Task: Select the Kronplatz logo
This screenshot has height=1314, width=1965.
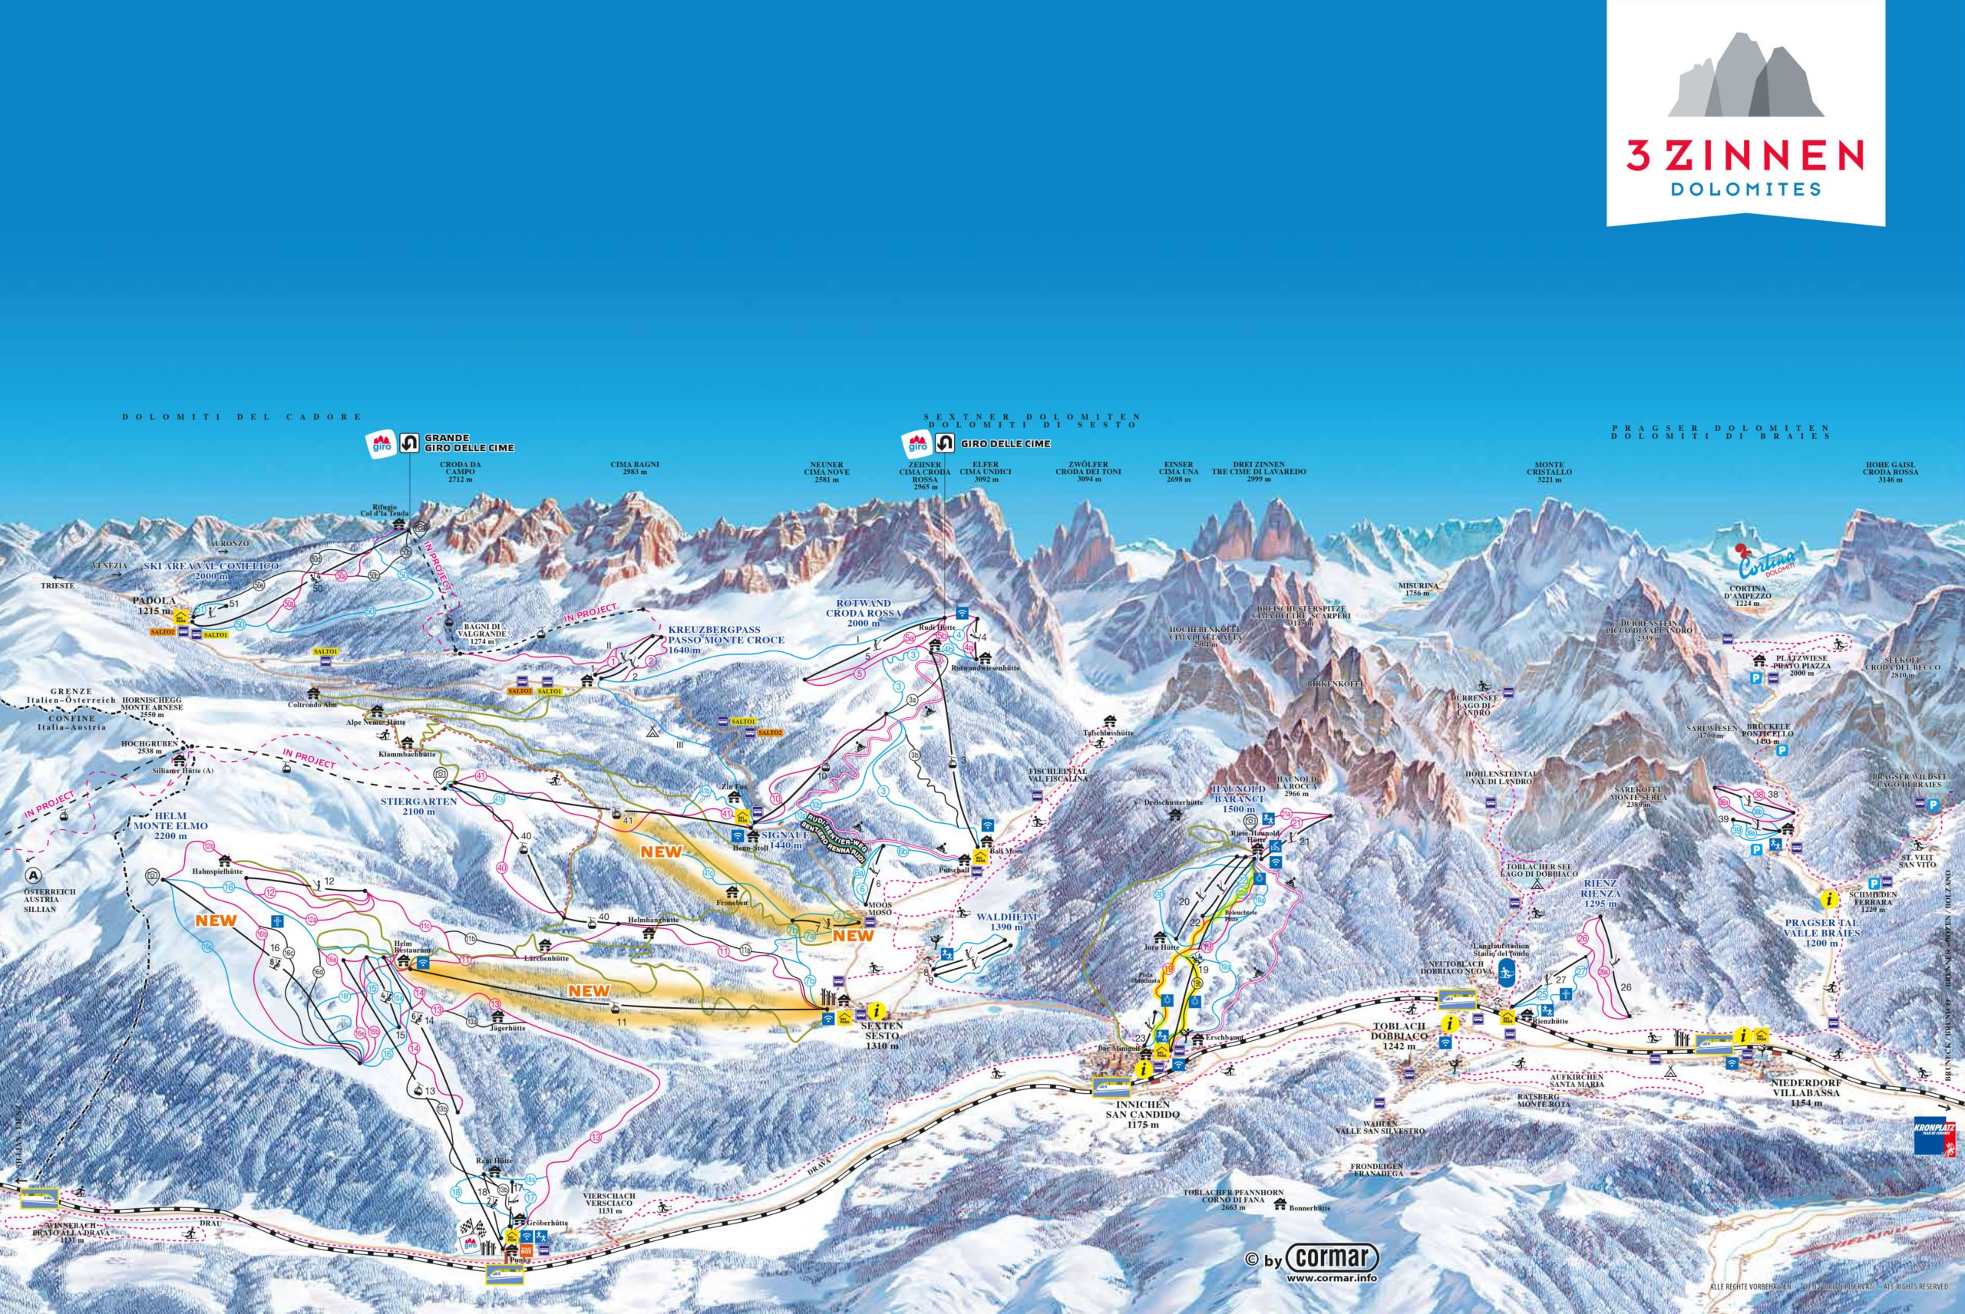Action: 1937,1135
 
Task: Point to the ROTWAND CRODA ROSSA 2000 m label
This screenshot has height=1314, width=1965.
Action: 864,613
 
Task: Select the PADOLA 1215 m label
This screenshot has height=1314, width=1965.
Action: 157,605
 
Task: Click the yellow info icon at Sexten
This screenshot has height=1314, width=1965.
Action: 877,1011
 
